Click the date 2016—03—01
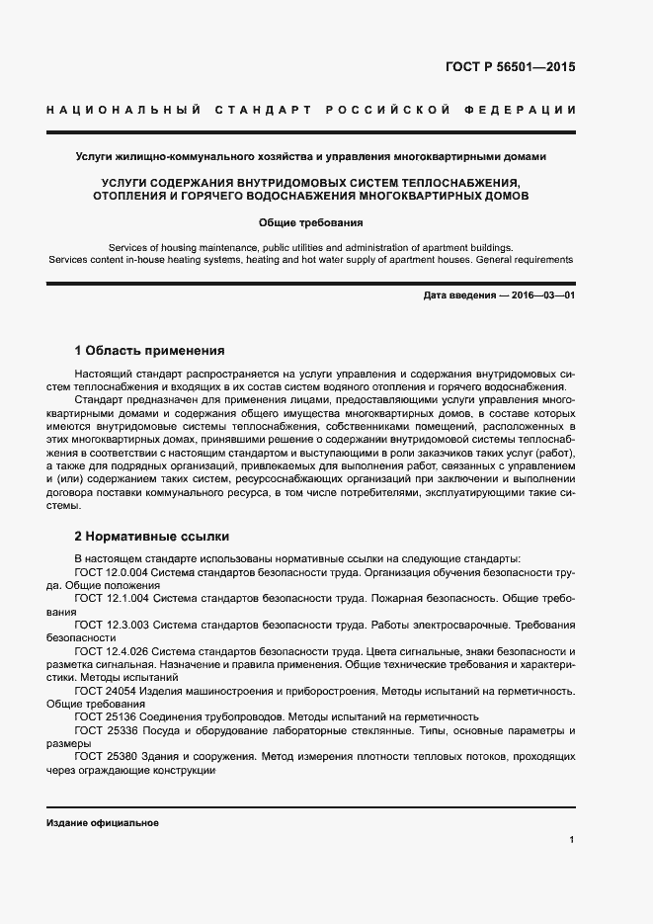click(x=539, y=295)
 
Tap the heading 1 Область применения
click(x=150, y=350)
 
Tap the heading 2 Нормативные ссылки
click(x=152, y=537)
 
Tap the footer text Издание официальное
click(x=103, y=823)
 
